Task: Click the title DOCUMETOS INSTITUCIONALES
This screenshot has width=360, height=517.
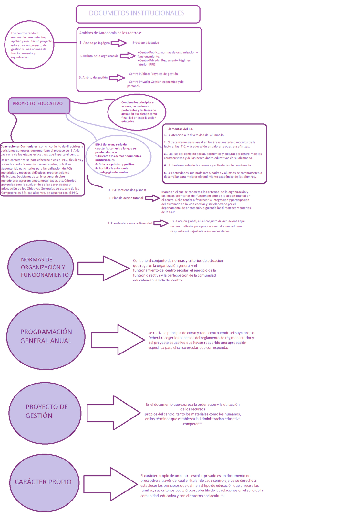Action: pos(137,13)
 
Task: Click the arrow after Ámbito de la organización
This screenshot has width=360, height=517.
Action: pos(128,56)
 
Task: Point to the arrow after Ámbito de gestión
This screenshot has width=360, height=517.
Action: pos(117,78)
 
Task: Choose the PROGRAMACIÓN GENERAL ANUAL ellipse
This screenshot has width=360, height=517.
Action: pos(46,337)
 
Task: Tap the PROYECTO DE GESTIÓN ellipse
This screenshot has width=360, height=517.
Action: pos(45,413)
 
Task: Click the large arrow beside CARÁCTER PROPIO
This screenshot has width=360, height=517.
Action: pos(110,484)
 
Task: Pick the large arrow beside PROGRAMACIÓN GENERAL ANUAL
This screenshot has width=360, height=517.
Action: pos(118,340)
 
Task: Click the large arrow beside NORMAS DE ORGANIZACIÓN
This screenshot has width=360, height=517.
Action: pos(103,268)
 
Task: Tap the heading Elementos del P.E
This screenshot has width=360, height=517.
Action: pos(180,129)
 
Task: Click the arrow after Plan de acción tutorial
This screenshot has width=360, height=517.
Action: pos(152,198)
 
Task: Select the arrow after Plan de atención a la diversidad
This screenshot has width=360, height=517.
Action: pos(161,223)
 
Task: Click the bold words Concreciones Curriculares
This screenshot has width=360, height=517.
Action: pos(20,147)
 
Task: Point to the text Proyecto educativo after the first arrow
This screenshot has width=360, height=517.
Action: pos(146,43)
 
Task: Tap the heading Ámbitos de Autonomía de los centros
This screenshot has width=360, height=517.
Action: pos(110,33)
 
